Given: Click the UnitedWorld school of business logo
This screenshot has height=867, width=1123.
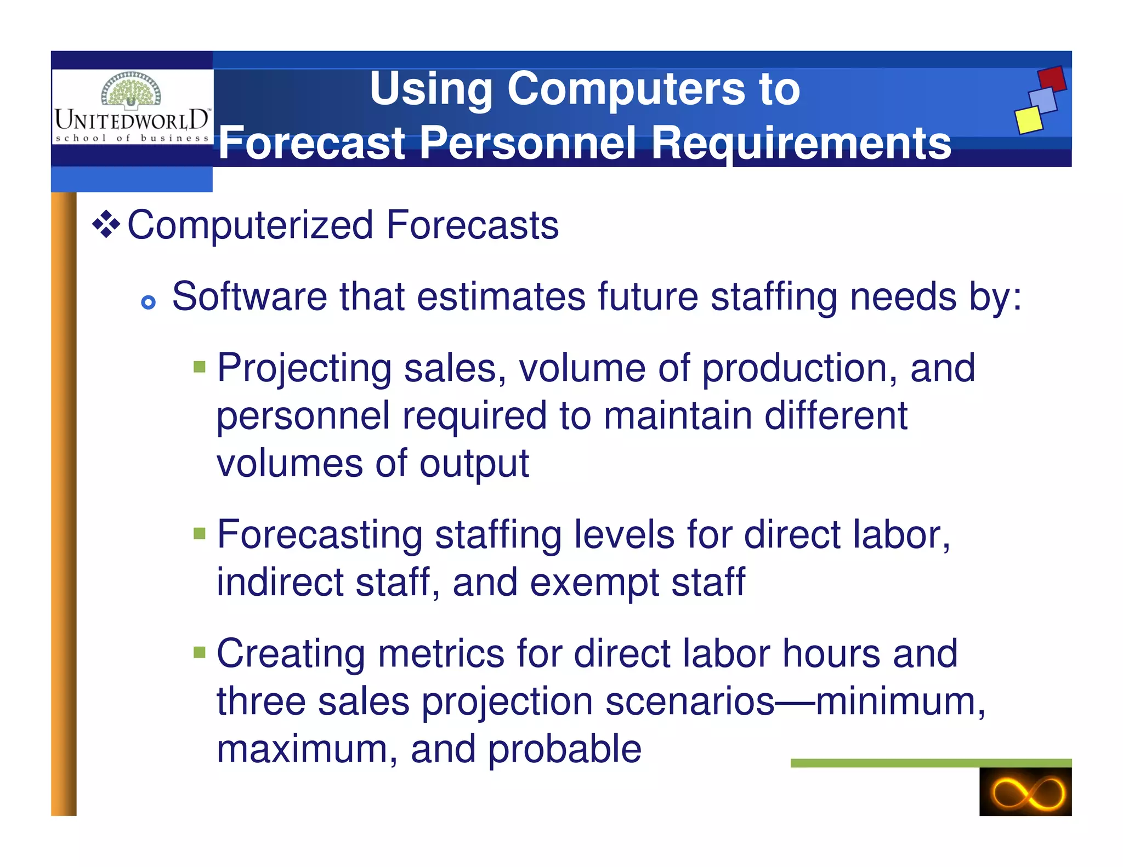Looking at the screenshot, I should tap(132, 107).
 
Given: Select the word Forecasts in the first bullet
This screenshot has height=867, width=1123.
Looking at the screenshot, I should tap(472, 225).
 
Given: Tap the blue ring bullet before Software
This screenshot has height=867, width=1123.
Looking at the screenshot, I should tap(148, 302).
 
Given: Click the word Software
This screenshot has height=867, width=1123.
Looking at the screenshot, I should tap(249, 296).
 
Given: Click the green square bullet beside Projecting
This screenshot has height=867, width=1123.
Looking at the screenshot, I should tap(200, 366).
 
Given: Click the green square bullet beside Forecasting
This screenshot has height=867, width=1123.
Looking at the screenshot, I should tap(200, 533).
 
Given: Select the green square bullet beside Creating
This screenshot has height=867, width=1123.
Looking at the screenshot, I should tap(200, 652).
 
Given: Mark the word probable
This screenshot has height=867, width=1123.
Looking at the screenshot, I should tap(564, 749).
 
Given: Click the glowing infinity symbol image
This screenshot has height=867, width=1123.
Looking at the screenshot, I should tap(1025, 791).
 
